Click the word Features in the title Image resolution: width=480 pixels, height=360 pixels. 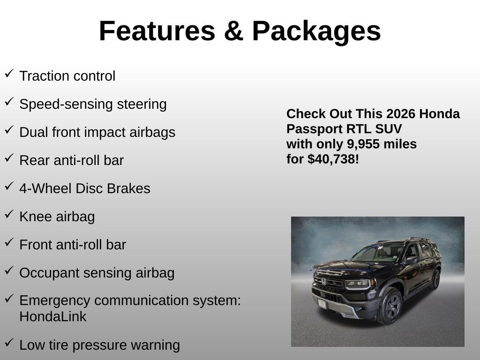[x=157, y=31]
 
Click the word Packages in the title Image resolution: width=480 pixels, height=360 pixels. [x=316, y=31]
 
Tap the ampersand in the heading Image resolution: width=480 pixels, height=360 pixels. [x=233, y=31]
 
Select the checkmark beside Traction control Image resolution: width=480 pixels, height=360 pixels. [x=9, y=74]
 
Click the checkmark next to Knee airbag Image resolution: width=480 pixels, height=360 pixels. [x=9, y=214]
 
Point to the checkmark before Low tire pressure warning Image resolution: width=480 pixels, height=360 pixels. [x=9, y=343]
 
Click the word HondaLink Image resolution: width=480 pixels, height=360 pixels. [x=52, y=316]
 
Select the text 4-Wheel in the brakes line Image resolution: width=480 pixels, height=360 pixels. [x=45, y=188]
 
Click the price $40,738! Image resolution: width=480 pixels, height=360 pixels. [x=333, y=159]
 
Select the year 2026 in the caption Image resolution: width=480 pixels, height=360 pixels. [x=397, y=113]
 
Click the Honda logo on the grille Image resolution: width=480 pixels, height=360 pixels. [x=323, y=281]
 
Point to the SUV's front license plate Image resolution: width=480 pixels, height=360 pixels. [x=322, y=303]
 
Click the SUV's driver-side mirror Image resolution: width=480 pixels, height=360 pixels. [x=411, y=261]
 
